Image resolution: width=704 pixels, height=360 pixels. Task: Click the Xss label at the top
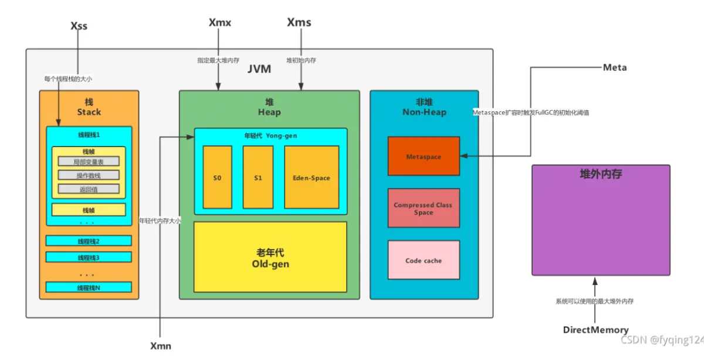point(79,26)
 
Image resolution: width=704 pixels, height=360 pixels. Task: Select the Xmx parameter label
point(220,23)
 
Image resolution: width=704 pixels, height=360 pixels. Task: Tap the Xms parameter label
point(299,23)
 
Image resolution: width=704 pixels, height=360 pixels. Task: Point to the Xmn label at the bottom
point(161,345)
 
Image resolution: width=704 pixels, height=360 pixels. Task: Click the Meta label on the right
point(615,67)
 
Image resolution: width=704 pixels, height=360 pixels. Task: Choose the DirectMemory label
point(595,330)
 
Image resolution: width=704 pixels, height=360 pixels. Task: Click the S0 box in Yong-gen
point(217,178)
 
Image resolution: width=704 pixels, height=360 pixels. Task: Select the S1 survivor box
point(258,178)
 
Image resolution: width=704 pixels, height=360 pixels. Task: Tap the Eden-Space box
point(312,178)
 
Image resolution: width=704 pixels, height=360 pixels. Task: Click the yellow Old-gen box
point(270,257)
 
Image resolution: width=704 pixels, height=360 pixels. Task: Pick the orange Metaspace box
point(424,157)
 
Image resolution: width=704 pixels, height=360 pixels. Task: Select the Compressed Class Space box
point(424,208)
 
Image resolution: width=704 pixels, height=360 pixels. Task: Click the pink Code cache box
point(424,260)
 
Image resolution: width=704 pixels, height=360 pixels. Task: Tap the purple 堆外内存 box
point(601,220)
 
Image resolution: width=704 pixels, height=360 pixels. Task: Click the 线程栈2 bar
point(89,241)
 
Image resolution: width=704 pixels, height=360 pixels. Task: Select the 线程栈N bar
point(89,287)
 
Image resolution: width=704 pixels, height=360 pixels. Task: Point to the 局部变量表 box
point(89,161)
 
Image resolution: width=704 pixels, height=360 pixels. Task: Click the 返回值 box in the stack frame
point(89,189)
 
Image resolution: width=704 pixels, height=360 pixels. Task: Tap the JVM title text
point(259,69)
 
